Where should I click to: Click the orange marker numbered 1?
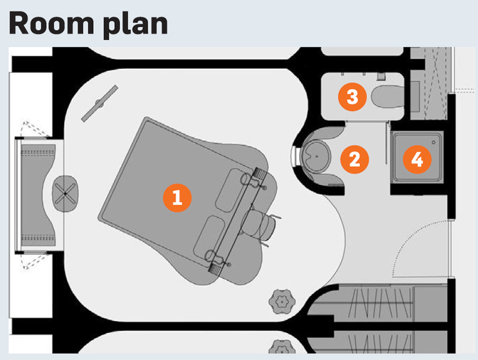pos(177,198)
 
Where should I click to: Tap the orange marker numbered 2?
pos(354,159)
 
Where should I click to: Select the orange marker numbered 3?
pos(352,97)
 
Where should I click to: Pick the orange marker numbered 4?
pos(417,159)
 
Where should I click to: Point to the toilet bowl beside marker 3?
pos(387,96)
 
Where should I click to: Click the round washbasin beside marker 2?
pos(316,157)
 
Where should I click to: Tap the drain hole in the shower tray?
pos(434,142)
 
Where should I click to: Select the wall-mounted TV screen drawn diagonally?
pos(100,103)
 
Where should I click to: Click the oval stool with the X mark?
pos(65,193)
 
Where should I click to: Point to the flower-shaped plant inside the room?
pos(282,302)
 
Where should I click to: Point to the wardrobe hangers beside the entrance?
pos(381,303)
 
